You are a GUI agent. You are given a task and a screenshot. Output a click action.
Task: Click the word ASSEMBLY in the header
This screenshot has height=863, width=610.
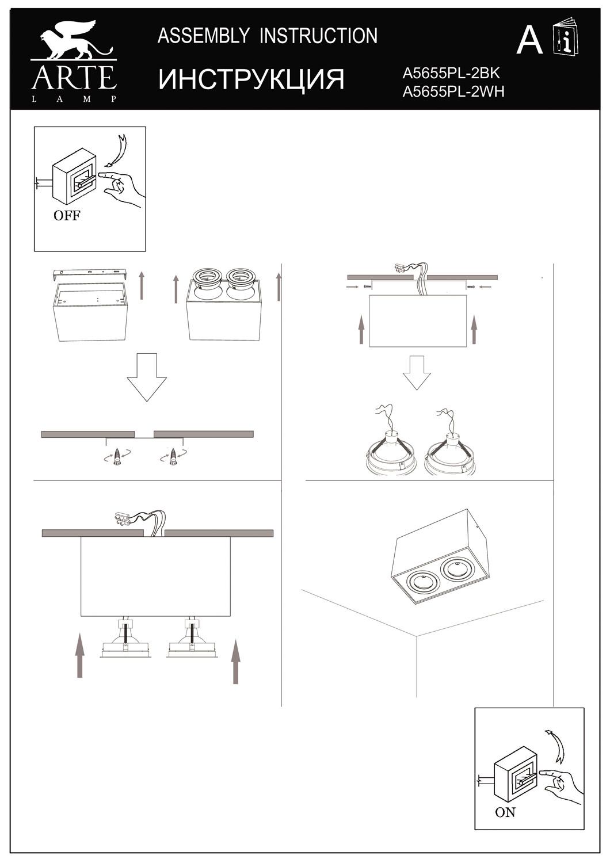(203, 36)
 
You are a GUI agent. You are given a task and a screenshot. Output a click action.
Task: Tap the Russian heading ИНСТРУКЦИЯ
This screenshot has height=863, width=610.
(251, 79)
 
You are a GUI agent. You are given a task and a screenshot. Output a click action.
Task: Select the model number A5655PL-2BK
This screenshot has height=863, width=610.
(451, 74)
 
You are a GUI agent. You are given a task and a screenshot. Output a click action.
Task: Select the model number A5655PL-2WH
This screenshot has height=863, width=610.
(453, 91)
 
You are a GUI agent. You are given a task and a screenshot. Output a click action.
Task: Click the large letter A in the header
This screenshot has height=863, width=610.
(529, 41)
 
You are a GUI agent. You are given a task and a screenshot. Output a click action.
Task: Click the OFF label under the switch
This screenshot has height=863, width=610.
(66, 216)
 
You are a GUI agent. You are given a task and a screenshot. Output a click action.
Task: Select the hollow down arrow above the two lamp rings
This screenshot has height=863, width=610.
(417, 373)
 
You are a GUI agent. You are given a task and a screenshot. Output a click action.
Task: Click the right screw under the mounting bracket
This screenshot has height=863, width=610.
(173, 456)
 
